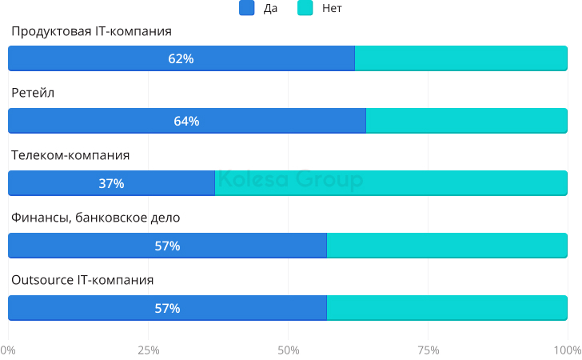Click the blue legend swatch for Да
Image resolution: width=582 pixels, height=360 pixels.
coord(247,9)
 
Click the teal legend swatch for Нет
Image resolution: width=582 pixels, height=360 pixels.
coord(305,9)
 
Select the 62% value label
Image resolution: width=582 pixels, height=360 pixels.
coord(181,58)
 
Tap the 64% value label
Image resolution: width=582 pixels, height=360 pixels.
coord(186,121)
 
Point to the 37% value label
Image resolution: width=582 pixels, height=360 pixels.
coord(111,183)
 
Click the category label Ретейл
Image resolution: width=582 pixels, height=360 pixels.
coord(33,93)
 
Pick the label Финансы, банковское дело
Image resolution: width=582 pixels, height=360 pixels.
coord(95,218)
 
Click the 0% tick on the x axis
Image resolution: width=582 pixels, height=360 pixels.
coord(8,350)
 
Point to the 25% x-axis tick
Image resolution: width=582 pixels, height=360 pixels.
coord(148,350)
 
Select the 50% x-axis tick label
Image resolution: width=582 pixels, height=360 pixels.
coord(288,350)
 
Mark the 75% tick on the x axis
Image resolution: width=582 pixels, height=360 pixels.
coord(429,350)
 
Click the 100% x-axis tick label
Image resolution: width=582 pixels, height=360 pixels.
coord(568,350)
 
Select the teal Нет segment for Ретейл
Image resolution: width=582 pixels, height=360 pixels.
coord(467,121)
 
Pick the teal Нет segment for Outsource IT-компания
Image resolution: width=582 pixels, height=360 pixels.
coord(448,308)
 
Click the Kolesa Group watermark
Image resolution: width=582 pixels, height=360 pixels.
coord(290,180)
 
